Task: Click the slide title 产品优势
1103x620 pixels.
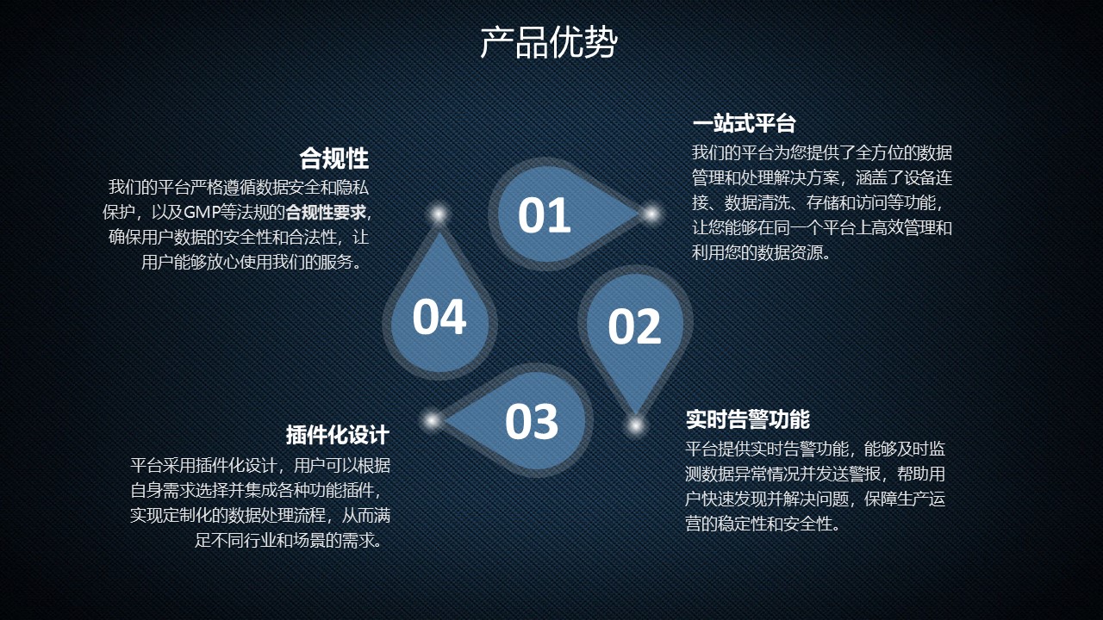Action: pyautogui.click(x=549, y=43)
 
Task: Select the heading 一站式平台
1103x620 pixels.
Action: pyautogui.click(x=744, y=123)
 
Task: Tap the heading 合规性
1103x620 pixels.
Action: pyautogui.click(x=334, y=158)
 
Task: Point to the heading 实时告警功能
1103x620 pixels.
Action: pyautogui.click(x=747, y=419)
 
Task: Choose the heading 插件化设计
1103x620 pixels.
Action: pyautogui.click(x=338, y=435)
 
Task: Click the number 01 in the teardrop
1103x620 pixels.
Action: pyautogui.click(x=544, y=215)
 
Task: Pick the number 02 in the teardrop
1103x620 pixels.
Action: pyautogui.click(x=634, y=326)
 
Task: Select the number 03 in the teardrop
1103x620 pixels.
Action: pyautogui.click(x=532, y=421)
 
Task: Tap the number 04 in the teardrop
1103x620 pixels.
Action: pyautogui.click(x=439, y=318)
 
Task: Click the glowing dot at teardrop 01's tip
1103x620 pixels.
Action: pyautogui.click(x=651, y=214)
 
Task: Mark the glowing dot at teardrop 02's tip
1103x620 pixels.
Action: pyautogui.click(x=636, y=425)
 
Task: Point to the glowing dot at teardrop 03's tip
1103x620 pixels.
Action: pyautogui.click(x=432, y=421)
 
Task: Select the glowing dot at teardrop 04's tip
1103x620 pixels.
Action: pyautogui.click(x=439, y=214)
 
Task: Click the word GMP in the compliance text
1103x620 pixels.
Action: pyautogui.click(x=202, y=213)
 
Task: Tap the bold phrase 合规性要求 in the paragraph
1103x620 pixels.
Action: pyautogui.click(x=326, y=213)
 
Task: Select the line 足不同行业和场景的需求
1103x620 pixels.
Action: pyautogui.click(x=289, y=540)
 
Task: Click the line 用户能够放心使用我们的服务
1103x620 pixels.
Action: pyautogui.click(x=252, y=263)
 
